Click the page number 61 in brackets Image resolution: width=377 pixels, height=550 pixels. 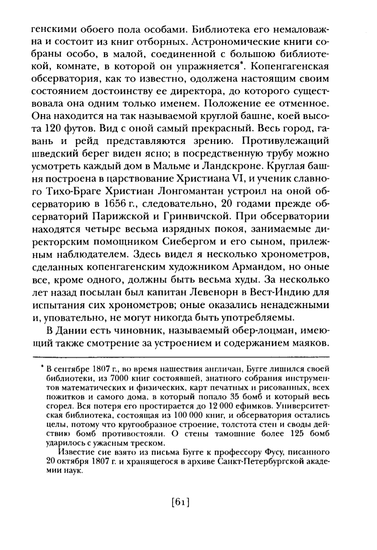pos(181,502)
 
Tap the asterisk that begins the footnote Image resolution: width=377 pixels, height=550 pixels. pos(43,367)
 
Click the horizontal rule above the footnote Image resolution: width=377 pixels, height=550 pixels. pos(181,356)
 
